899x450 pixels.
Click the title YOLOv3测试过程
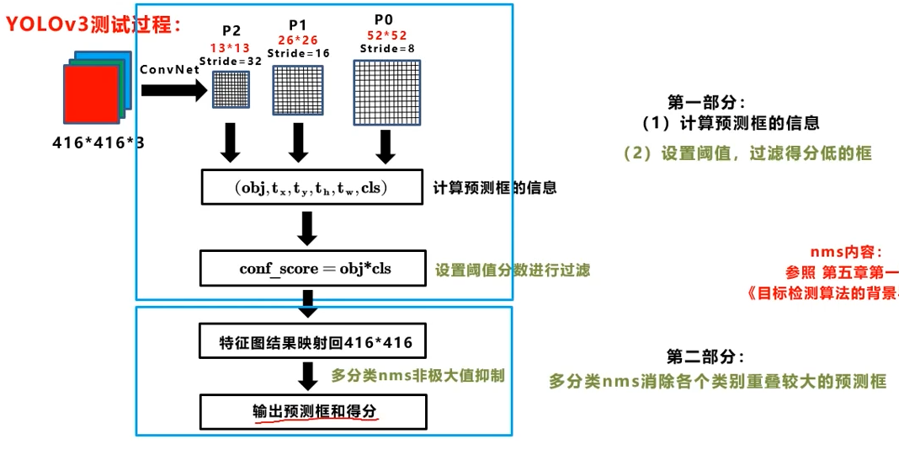(94, 24)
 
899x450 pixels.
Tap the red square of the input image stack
(92, 94)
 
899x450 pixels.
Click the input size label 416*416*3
(98, 142)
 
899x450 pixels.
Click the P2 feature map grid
(231, 88)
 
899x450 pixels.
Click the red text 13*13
(231, 49)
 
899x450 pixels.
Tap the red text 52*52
(386, 35)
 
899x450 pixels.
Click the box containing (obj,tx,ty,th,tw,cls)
(311, 187)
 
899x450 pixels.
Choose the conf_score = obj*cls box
(311, 269)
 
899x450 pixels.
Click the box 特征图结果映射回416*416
(311, 343)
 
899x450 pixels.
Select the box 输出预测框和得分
(311, 412)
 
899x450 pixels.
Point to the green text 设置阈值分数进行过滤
(512, 271)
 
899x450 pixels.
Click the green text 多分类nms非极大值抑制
(418, 376)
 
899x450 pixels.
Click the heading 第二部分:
(705, 356)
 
